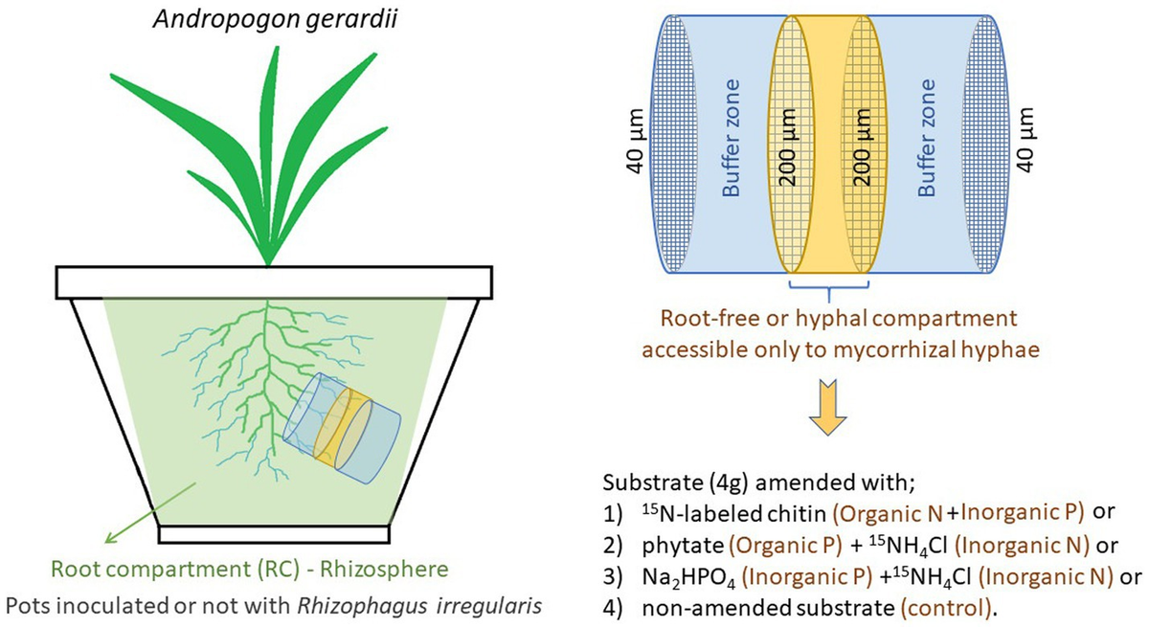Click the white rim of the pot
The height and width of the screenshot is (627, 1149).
tap(274, 282)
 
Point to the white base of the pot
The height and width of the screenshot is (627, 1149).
tap(274, 532)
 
